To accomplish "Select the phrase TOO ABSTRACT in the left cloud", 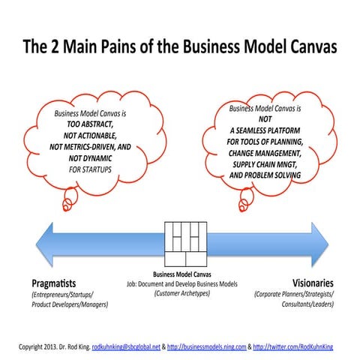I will point(93,124).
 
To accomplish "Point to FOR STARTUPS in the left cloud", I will point(94,158).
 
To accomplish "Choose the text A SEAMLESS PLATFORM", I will point(265,130).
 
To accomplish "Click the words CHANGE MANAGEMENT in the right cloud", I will point(265,152).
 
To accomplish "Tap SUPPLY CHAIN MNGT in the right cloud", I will point(265,163).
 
